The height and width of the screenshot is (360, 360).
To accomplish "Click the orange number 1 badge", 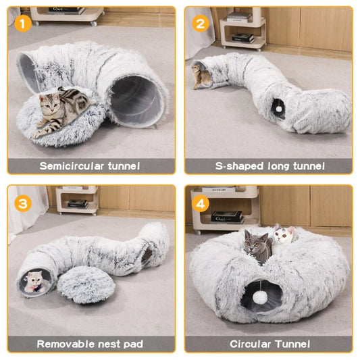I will point(23,24).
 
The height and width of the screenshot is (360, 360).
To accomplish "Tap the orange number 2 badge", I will point(200,24).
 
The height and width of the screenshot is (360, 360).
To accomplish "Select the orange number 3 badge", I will point(23,203).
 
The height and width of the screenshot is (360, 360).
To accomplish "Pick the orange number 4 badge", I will point(200,203).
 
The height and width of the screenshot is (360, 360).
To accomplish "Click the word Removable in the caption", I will point(67,344).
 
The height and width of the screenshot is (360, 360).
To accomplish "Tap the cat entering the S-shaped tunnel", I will point(201,75).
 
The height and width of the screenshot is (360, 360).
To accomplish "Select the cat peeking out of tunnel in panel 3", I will point(33,282).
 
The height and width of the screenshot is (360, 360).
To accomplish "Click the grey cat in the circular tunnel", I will point(257,246).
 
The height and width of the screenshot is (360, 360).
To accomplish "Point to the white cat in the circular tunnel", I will point(284,235).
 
